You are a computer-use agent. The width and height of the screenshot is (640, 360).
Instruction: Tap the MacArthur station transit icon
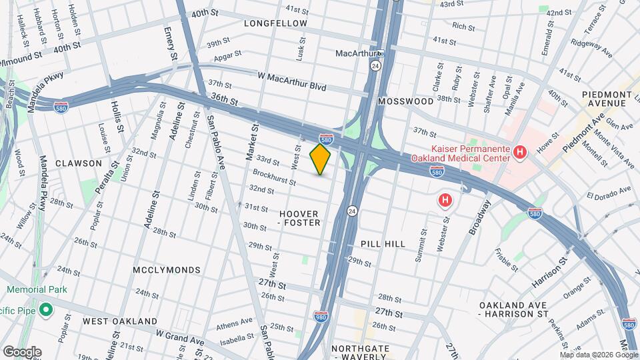pyautogui.click(x=380, y=53)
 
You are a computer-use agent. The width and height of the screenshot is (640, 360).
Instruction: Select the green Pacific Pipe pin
pyautogui.click(x=45, y=309)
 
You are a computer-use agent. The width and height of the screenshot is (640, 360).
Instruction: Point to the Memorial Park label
pyautogui.click(x=37, y=290)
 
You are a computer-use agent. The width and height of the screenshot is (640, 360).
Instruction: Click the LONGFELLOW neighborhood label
pyautogui.click(x=275, y=23)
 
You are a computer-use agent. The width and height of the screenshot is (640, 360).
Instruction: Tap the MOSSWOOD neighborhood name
pyautogui.click(x=405, y=101)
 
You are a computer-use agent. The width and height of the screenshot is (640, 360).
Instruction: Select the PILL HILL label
pyautogui.click(x=383, y=245)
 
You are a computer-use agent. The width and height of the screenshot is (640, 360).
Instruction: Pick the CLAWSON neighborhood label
pyautogui.click(x=79, y=163)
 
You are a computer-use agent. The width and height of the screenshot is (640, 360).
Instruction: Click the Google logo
pyautogui.click(x=22, y=352)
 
